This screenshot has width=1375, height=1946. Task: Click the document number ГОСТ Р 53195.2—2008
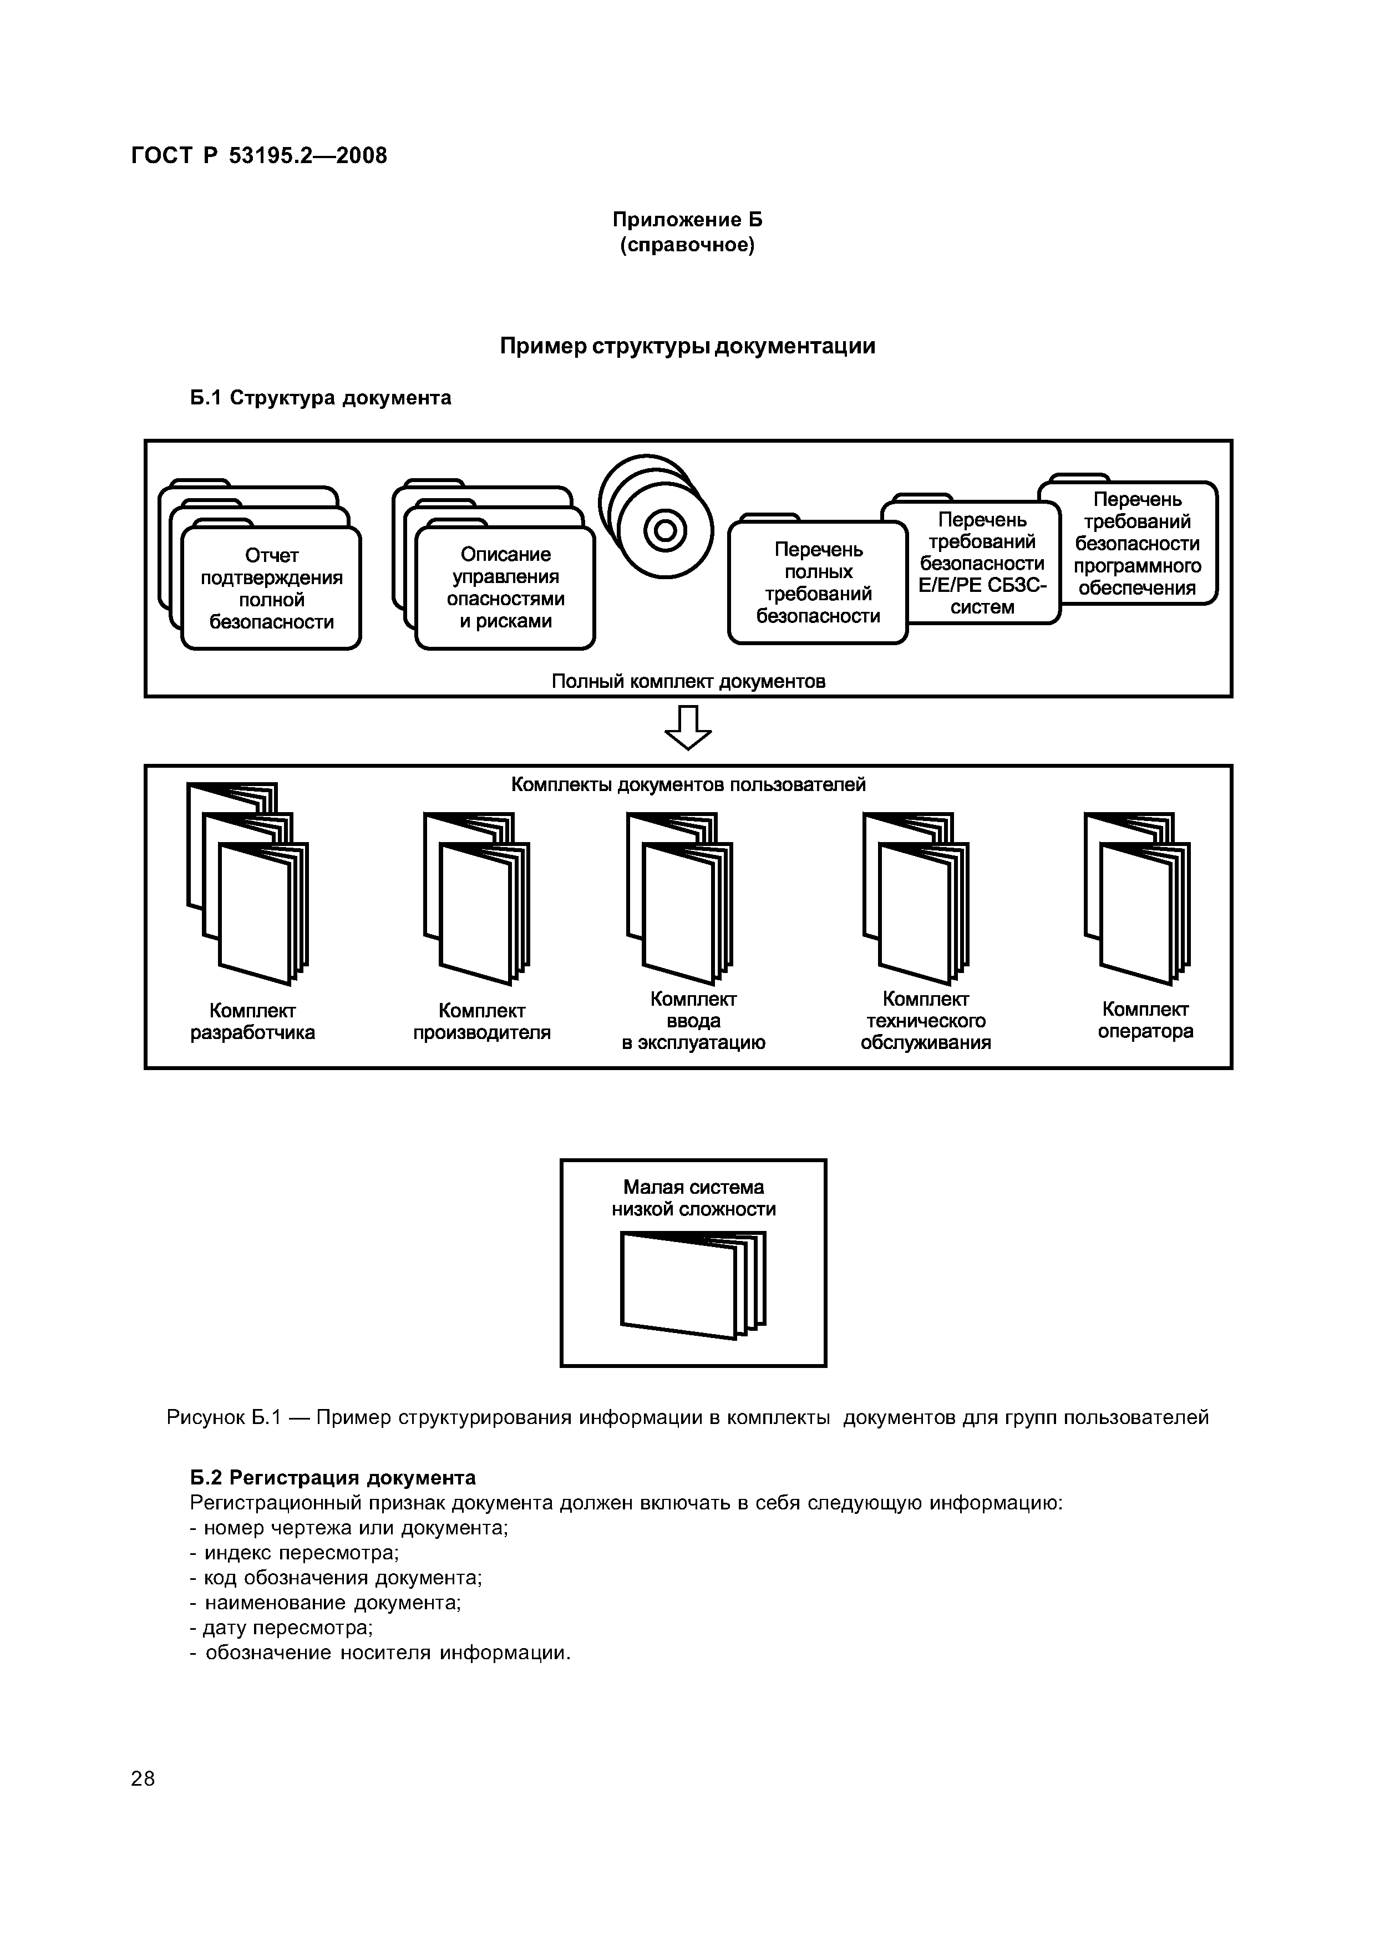[259, 156]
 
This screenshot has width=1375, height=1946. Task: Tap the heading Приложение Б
[687, 220]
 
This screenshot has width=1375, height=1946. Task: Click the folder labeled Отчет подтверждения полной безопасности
[271, 588]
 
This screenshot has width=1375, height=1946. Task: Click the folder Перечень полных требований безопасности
[818, 583]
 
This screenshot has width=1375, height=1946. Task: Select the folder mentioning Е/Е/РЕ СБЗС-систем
[982, 563]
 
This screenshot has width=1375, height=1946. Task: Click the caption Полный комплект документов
[688, 681]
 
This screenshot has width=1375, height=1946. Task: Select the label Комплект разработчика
[252, 1021]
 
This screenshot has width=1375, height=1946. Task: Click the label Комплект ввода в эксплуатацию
[693, 1021]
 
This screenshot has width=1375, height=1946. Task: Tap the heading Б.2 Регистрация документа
[332, 1477]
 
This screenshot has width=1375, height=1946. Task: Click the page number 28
[143, 1778]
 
